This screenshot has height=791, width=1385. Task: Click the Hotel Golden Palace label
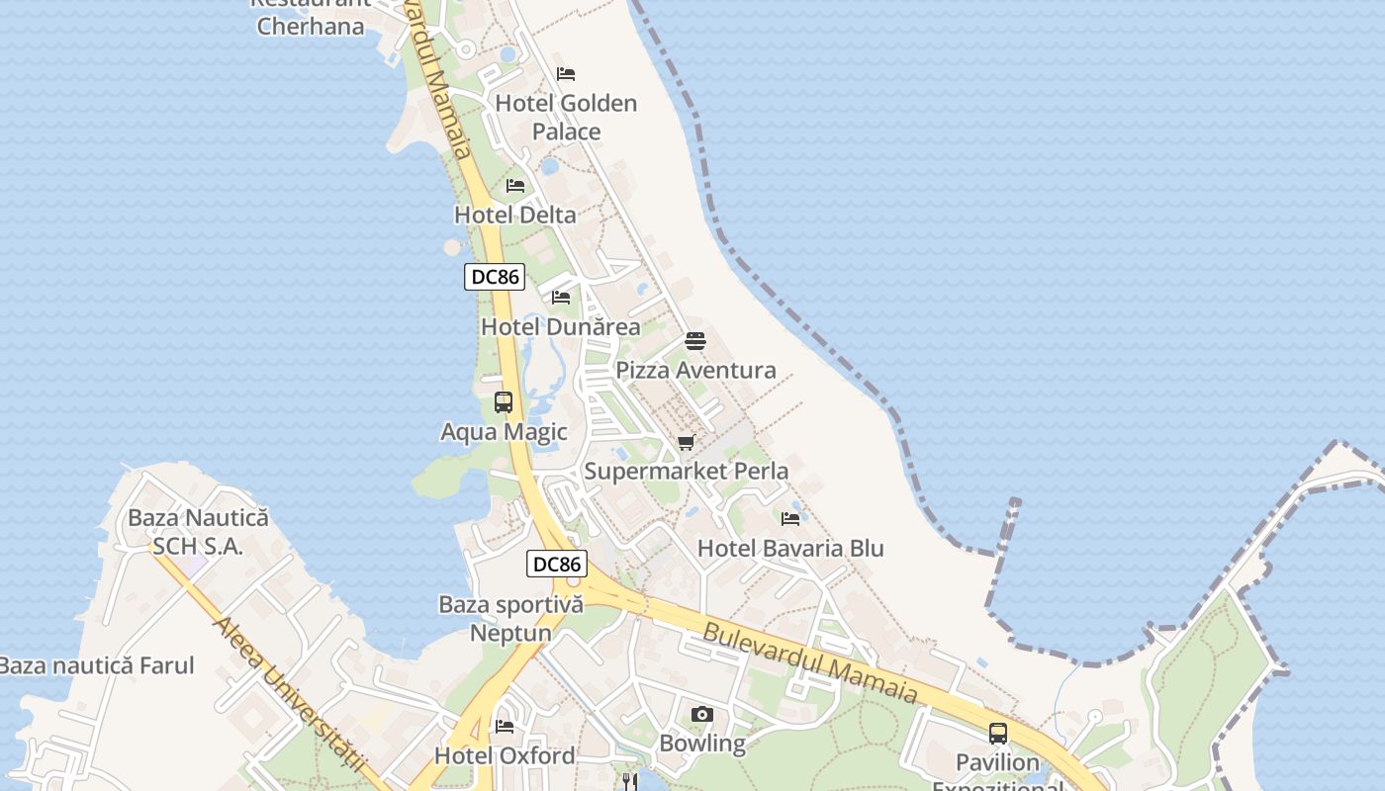[566, 117]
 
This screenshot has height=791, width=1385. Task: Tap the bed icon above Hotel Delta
[515, 186]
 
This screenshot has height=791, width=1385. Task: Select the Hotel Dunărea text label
[560, 326]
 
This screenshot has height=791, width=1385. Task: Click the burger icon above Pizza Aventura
[695, 342]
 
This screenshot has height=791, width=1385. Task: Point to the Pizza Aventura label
[695, 371]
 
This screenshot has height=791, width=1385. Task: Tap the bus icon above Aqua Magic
[504, 402]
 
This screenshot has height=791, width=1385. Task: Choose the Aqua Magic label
[504, 431]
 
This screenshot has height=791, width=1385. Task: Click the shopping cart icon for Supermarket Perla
[687, 442]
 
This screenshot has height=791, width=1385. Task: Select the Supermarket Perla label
[687, 471]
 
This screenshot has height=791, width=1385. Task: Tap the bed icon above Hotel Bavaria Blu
[790, 519]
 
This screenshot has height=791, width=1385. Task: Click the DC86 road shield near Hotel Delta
[495, 277]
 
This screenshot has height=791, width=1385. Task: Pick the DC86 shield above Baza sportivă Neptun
[557, 565]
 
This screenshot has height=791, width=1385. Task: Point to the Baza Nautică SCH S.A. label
[198, 531]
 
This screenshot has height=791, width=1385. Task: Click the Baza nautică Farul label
[97, 665]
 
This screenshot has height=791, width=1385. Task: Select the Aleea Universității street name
[289, 696]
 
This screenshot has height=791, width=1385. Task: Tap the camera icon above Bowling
[702, 714]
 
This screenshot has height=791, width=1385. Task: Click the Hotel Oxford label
[505, 755]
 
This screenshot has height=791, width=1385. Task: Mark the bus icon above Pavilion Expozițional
[998, 734]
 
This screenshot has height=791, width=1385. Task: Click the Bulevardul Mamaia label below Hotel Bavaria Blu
[810, 662]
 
